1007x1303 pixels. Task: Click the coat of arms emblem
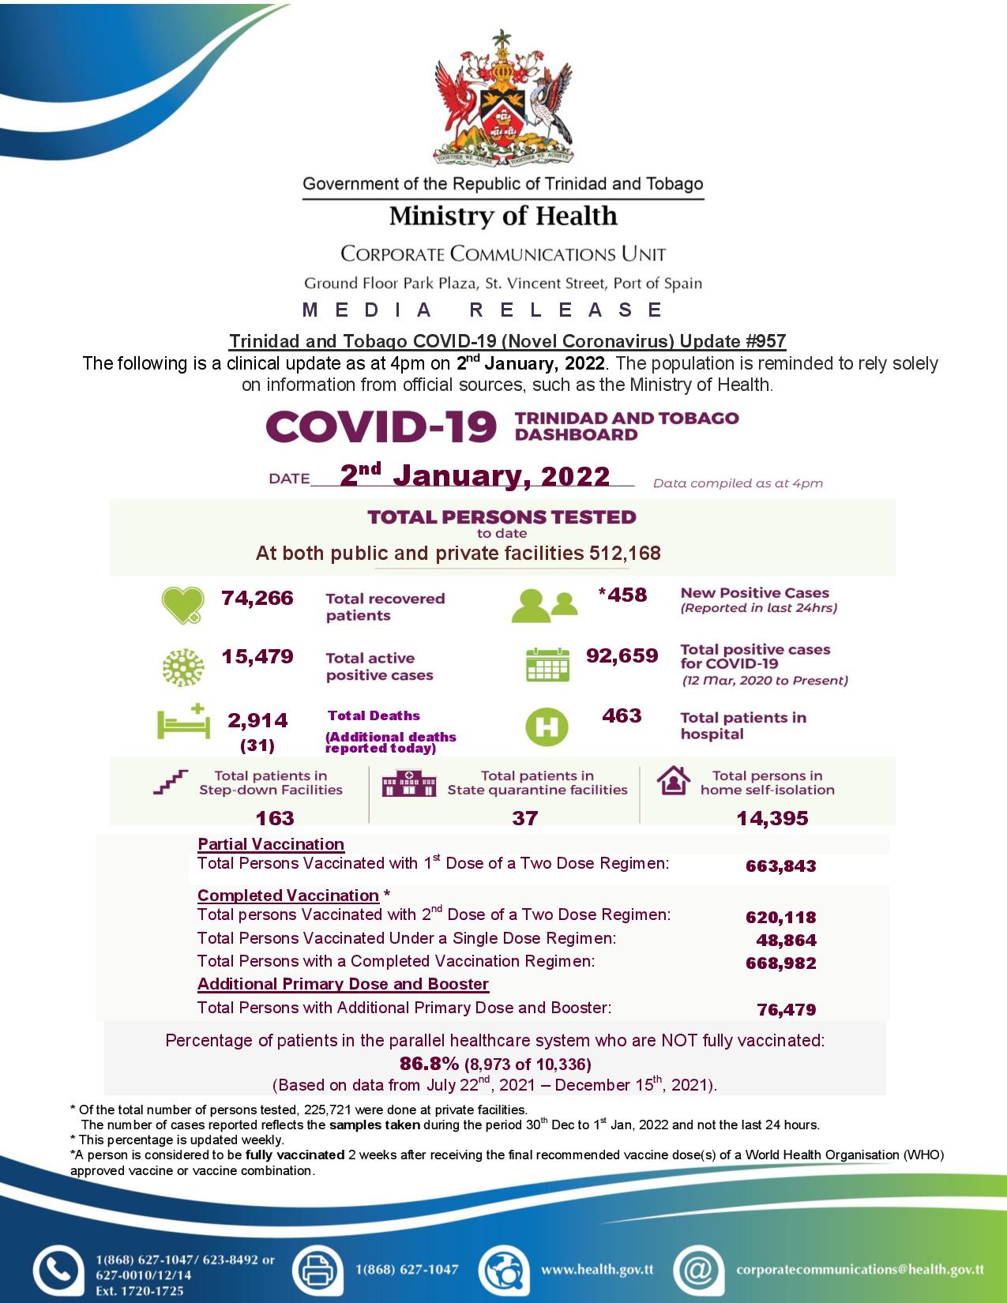tap(503, 98)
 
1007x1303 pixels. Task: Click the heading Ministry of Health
tap(503, 216)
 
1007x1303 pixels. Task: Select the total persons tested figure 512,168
tap(625, 554)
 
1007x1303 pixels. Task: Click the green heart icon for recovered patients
tap(182, 606)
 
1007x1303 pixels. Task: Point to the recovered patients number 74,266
tap(257, 599)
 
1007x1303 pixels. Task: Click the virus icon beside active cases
tap(182, 667)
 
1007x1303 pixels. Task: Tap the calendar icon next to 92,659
tap(547, 665)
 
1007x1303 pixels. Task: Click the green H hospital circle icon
tap(547, 727)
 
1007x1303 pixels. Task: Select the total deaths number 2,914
tap(257, 720)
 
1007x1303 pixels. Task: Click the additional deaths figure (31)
tap(257, 745)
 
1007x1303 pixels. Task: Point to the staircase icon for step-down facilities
tap(171, 782)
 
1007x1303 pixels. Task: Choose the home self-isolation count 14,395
tap(772, 819)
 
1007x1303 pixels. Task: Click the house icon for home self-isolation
tap(673, 781)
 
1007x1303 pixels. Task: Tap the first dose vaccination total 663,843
tap(780, 866)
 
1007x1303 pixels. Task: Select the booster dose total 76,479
tap(786, 1009)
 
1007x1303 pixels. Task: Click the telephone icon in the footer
tap(58, 1269)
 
